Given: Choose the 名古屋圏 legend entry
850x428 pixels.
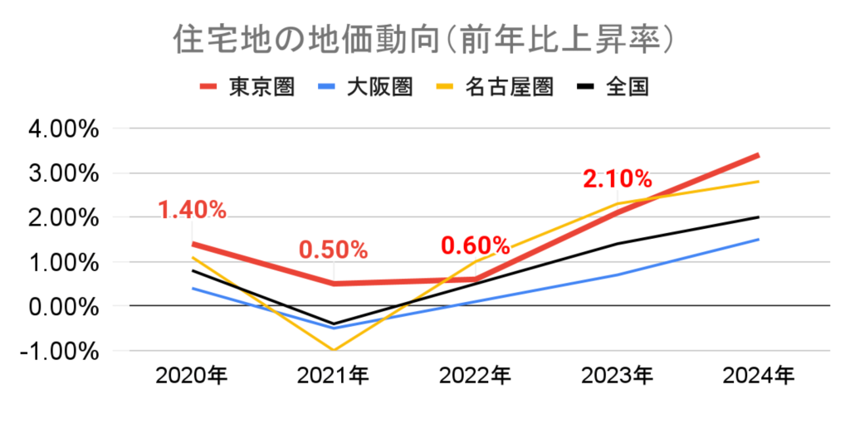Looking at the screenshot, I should (509, 86).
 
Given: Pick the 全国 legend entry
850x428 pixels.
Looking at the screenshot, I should (627, 86).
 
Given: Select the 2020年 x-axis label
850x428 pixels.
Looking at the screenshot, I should (192, 377).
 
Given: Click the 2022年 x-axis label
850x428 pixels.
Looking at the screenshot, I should (475, 377).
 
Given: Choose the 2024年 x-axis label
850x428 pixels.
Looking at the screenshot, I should (758, 377).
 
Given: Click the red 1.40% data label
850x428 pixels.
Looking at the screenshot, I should (192, 210).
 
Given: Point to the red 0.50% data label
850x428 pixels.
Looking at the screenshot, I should (333, 250).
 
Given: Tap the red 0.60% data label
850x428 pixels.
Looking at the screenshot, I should (475, 246).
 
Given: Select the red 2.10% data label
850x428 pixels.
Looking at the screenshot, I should (617, 178).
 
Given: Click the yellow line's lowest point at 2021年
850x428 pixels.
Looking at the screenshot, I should (334, 350).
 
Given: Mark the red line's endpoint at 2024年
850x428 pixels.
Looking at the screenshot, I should (758, 155).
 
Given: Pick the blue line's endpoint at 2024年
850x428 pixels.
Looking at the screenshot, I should (758, 240).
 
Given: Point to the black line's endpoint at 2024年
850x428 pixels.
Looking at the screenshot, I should (758, 217).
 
